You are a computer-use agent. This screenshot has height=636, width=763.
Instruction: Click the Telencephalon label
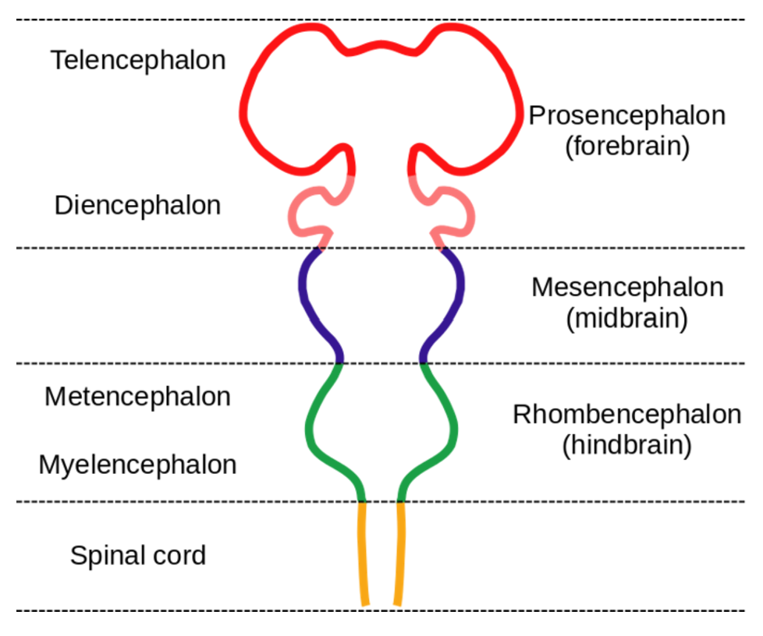(138, 61)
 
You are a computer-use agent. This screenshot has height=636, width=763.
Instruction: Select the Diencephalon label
(137, 206)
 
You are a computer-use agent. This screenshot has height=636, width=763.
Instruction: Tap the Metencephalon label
(137, 397)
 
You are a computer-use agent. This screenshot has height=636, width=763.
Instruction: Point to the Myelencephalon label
(137, 465)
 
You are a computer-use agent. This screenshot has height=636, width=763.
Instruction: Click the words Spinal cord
(138, 556)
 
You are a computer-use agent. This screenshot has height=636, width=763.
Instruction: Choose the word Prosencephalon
(627, 116)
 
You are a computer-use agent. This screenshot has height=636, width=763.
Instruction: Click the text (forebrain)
(627, 147)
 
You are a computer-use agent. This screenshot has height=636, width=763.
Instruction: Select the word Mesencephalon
(627, 288)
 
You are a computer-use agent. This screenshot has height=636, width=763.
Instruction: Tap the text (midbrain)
(627, 319)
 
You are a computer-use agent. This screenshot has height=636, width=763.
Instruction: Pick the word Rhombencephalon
(627, 415)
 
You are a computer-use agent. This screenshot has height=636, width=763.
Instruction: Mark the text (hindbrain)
(627, 445)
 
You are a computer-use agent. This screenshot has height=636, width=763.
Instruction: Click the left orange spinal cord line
(363, 553)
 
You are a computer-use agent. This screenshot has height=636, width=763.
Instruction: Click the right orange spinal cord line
(399, 553)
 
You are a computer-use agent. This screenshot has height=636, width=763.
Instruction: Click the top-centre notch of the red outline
(381, 53)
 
